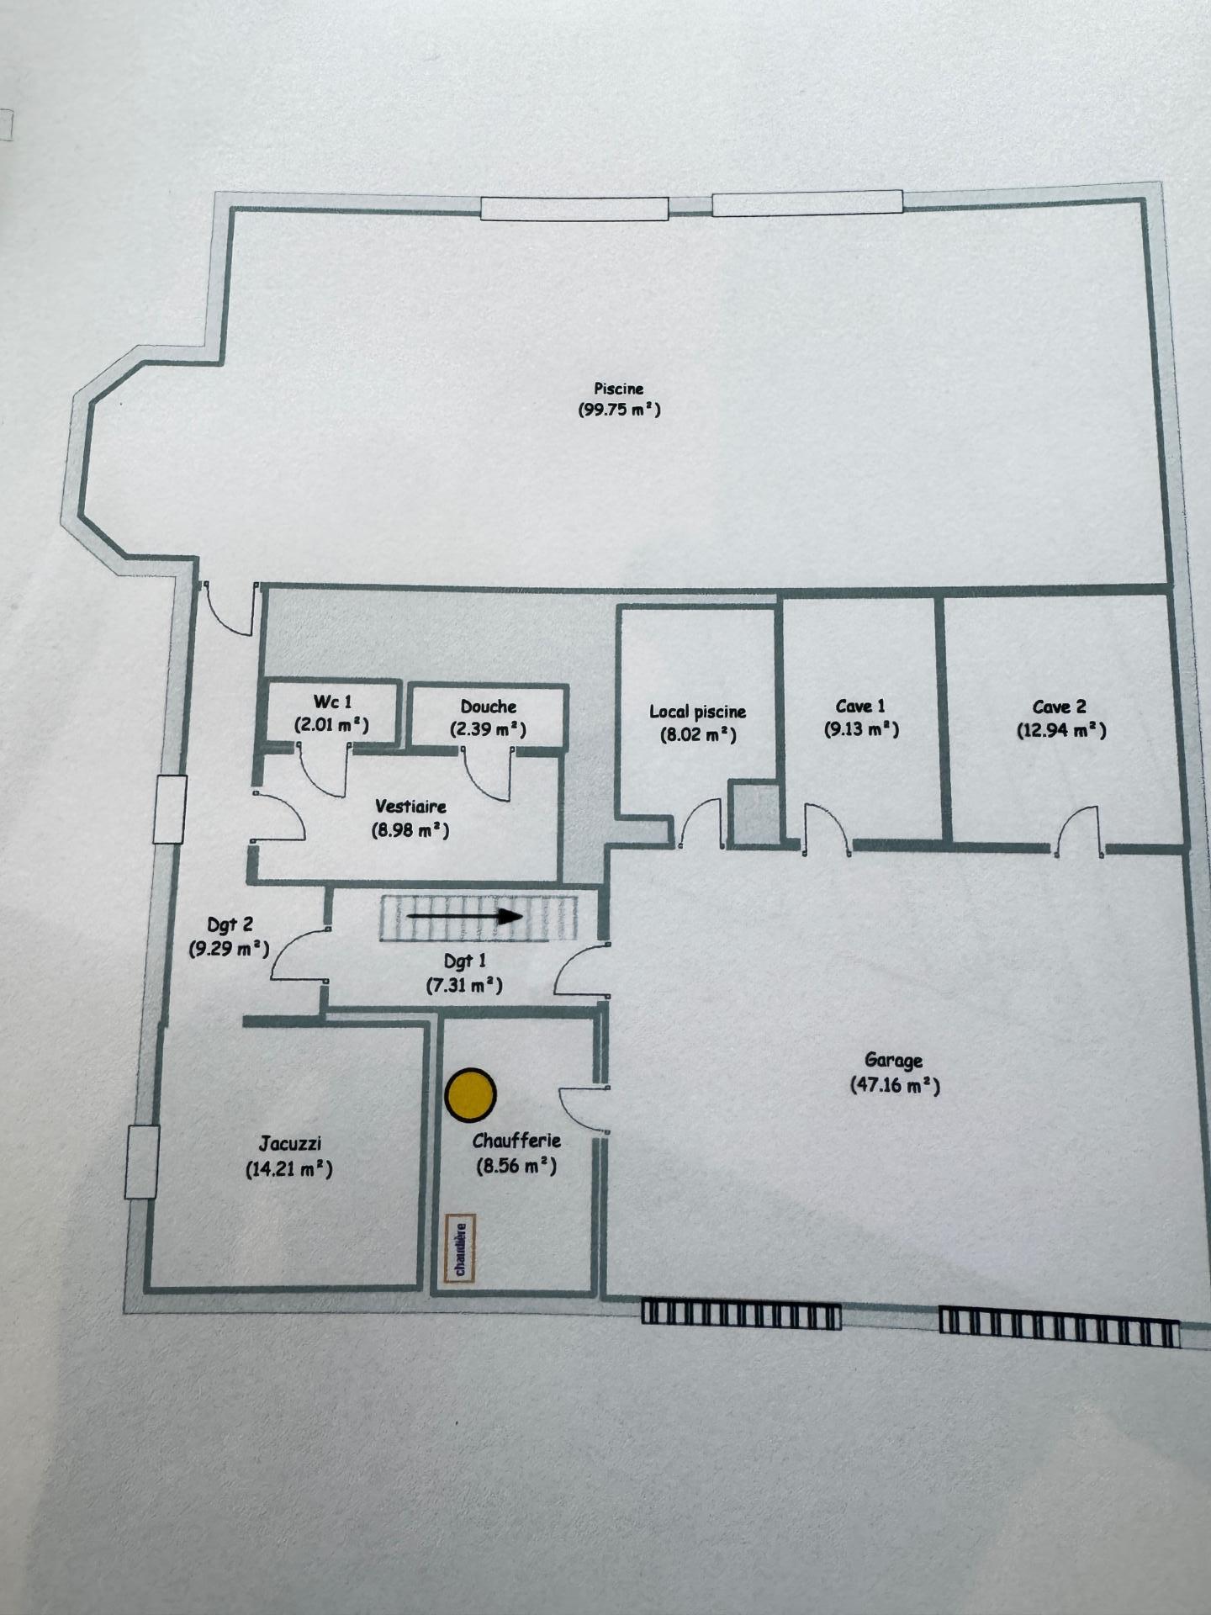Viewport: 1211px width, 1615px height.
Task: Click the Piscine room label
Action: [x=619, y=389]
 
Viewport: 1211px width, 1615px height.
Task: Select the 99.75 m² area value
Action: [x=620, y=410]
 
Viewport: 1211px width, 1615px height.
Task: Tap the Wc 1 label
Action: [x=332, y=702]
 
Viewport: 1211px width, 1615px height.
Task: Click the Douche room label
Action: [x=489, y=707]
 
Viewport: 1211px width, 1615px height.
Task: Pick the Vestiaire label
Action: [x=411, y=807]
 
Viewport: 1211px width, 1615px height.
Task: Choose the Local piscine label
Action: [x=697, y=712]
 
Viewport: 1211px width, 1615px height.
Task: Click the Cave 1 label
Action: [x=860, y=707]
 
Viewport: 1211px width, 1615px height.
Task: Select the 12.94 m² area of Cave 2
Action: [x=1060, y=730]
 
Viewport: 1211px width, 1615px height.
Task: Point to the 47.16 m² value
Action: [x=895, y=1085]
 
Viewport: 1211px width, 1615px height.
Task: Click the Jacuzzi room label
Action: [x=290, y=1144]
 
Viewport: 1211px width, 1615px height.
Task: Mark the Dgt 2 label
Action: [x=230, y=925]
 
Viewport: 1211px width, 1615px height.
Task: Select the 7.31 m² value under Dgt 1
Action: [x=464, y=985]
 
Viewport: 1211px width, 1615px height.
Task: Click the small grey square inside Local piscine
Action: [x=754, y=814]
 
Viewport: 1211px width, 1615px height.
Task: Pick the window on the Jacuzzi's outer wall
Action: [x=142, y=1162]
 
